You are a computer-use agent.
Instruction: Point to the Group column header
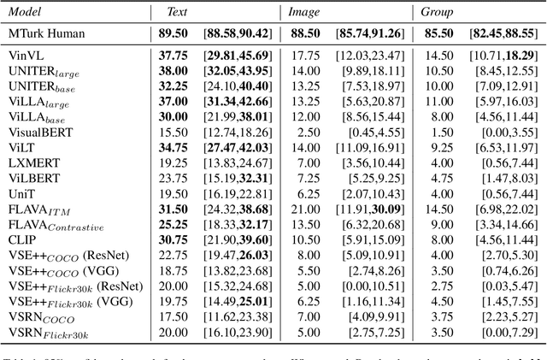point(436,13)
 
